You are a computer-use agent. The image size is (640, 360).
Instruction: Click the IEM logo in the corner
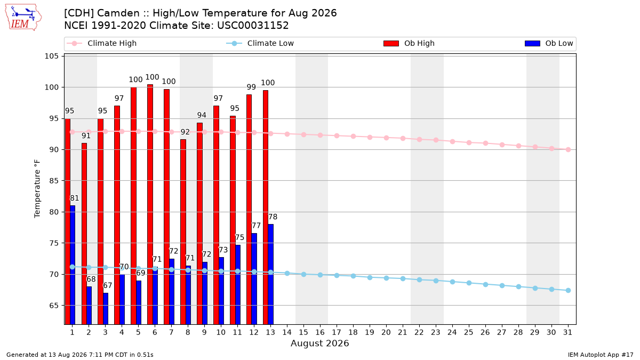(23, 18)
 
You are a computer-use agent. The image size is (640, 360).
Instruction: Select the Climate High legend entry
(101, 43)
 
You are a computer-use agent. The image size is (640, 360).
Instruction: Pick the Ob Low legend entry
(549, 43)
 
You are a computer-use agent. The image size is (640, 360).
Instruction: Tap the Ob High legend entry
(409, 43)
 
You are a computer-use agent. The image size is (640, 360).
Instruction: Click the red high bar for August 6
(150, 204)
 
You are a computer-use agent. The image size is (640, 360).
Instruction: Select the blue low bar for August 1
(73, 265)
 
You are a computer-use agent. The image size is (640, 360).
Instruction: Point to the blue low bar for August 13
(270, 274)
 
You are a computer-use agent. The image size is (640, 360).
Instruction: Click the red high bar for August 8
(183, 231)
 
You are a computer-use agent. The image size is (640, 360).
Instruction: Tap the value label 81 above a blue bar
(74, 198)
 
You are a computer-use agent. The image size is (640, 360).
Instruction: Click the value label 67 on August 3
(107, 285)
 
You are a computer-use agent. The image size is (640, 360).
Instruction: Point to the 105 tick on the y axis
(51, 56)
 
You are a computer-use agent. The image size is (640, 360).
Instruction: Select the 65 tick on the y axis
(54, 306)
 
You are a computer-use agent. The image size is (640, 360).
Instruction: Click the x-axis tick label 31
(567, 332)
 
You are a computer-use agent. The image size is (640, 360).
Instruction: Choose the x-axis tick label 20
(386, 332)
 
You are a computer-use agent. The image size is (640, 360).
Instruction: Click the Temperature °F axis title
(37, 189)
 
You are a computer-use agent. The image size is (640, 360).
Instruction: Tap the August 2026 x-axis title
(319, 343)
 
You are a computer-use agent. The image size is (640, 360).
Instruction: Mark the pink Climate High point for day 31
(568, 149)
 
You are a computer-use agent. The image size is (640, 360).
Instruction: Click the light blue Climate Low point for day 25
(469, 283)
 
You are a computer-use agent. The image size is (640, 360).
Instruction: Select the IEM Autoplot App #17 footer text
(601, 355)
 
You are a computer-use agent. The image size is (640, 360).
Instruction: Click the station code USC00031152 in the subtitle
(253, 26)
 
